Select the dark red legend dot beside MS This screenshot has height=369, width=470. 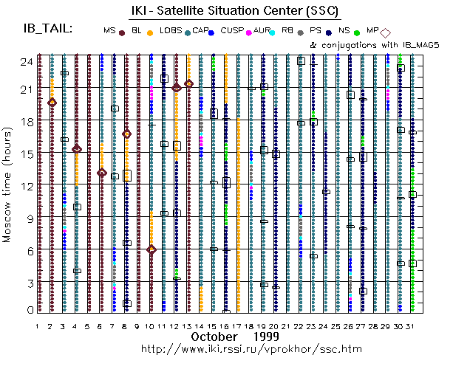point(122,32)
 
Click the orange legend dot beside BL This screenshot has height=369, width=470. point(150,32)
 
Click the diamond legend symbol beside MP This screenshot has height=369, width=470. point(385,32)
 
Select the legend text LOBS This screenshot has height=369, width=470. point(170,30)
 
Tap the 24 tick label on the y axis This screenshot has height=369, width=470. point(25,61)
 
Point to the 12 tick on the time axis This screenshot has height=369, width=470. point(25,186)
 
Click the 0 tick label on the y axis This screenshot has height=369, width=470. point(28,310)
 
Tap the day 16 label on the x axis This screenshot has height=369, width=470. point(225,325)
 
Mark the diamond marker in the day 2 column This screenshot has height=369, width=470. point(52,103)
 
